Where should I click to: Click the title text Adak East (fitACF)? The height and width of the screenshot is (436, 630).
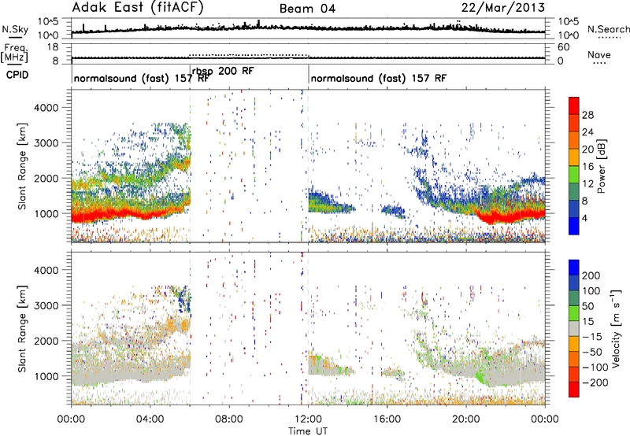138,7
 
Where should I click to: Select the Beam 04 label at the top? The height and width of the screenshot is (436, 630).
307,9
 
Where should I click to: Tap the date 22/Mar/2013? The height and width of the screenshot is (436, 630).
503,8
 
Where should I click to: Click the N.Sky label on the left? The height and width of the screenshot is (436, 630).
15,29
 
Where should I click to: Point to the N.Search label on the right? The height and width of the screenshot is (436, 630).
609,29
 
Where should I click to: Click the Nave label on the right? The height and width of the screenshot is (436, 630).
599,54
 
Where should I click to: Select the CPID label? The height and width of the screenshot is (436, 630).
17,75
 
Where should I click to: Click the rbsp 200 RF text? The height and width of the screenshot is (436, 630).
223,71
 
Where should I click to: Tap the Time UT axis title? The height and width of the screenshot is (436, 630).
308,430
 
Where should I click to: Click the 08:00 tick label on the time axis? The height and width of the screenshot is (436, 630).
229,419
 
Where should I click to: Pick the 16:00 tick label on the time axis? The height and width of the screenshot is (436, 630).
387,419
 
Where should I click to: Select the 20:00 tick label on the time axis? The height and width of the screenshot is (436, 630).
466,419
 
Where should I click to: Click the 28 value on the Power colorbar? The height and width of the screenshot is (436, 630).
587,115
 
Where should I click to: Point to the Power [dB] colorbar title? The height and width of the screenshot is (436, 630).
601,166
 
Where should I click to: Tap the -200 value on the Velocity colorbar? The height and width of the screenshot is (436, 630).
592,382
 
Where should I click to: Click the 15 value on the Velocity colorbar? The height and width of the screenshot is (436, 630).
587,321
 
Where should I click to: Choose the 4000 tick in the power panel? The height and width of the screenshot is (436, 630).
46,108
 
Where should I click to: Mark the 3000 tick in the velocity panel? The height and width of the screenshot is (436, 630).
46,305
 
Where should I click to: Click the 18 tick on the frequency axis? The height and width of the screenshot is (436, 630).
53,47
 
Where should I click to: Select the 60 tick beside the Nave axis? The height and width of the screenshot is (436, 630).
563,47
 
